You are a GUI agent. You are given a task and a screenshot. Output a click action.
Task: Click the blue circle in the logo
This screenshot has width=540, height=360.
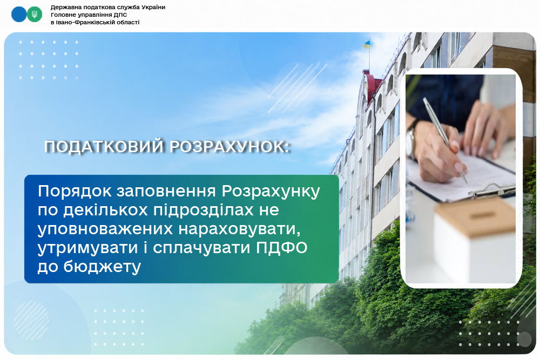coord(18,15)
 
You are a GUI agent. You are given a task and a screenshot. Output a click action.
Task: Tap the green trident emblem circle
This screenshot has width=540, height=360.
coord(35,15)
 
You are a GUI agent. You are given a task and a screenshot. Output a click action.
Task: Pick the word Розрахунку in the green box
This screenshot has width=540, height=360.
coord(271,192)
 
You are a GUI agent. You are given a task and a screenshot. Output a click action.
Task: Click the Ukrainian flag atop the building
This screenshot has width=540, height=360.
coord(367,44)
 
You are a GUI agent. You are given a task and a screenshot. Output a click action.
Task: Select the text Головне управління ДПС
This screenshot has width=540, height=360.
coord(89,15)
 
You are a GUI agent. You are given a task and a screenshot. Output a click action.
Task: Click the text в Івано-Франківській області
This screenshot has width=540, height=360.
coord(95,22)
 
